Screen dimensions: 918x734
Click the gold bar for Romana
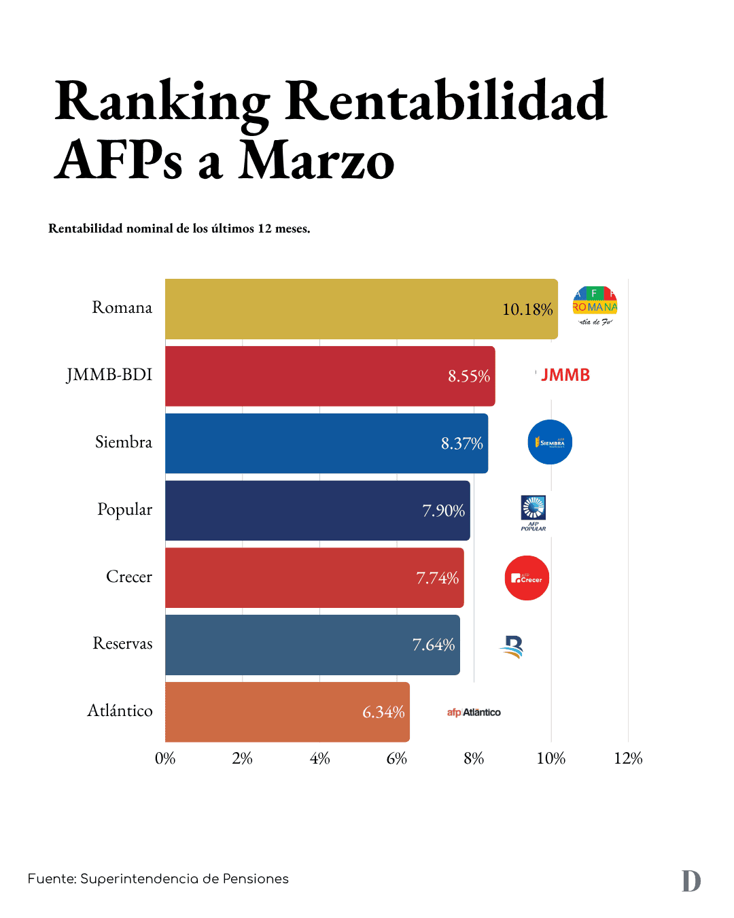pos(326,309)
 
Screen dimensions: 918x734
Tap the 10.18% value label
pos(527,309)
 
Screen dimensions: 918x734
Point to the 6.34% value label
pos(383,712)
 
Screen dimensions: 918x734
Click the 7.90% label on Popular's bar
pos(444,511)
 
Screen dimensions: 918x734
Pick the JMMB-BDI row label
pos(109,375)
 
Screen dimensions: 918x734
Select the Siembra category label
pos(124,442)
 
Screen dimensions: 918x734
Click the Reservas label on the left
pos(122,643)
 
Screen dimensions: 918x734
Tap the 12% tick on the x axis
pos(628,758)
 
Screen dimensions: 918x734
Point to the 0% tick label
pos(165,758)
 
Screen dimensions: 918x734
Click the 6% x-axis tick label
pos(397,758)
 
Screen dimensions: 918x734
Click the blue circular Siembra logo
pos(550,442)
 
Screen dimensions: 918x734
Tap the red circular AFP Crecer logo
pos(527,578)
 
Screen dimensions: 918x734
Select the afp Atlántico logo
pos(474,712)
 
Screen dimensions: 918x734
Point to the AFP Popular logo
pos(534,512)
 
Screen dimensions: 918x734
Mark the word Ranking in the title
pos(162,102)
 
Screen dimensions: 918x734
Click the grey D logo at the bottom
pos(691,881)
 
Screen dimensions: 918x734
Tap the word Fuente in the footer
pos(52,879)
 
